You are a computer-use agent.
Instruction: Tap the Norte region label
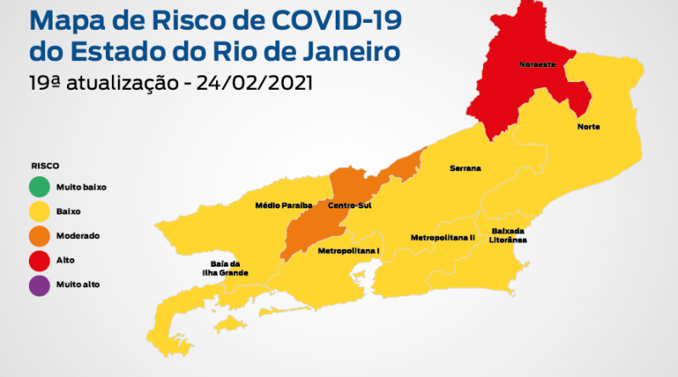click(x=588, y=127)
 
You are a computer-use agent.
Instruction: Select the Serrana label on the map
click(x=464, y=169)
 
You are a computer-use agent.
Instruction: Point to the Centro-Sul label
click(x=350, y=206)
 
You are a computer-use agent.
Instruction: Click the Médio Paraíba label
click(x=284, y=206)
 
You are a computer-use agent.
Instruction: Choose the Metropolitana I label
click(x=348, y=252)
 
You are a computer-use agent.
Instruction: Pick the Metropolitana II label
click(x=442, y=238)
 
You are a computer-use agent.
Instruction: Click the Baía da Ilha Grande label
click(x=230, y=268)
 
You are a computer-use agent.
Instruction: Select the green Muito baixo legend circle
click(x=39, y=186)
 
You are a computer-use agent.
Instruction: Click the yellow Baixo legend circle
click(x=39, y=212)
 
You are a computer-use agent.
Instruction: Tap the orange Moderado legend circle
click(x=39, y=236)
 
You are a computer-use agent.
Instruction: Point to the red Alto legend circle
click(x=39, y=261)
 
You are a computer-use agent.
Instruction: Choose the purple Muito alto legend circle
click(x=39, y=286)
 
